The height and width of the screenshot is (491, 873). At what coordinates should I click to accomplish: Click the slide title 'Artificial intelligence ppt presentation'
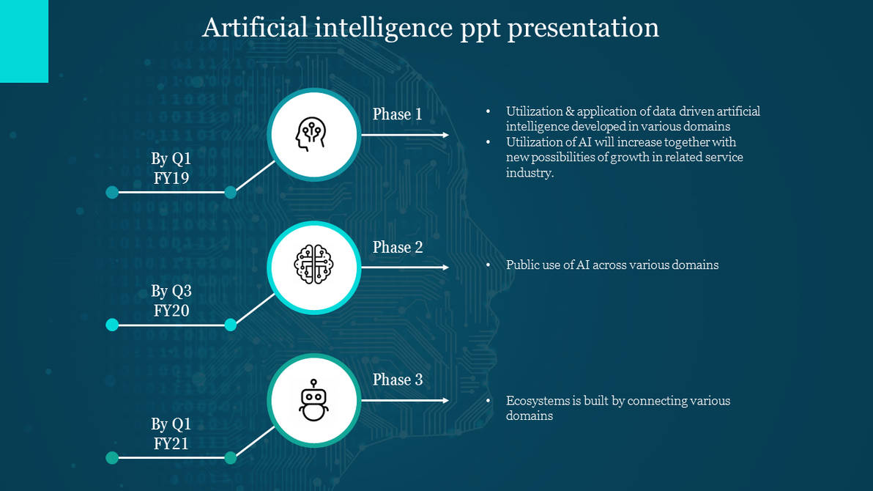coord(431,28)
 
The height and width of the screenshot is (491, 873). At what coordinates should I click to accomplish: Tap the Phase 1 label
coord(397,114)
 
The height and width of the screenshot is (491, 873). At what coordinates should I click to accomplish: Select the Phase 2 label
coord(397,248)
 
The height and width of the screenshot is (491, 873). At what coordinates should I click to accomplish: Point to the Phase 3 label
coord(397,380)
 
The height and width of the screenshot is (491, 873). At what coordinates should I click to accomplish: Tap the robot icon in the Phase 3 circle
coord(313,400)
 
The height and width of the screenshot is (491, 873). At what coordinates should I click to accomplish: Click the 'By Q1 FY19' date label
coord(171,168)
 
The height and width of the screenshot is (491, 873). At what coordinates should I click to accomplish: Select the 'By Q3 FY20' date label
coord(171,301)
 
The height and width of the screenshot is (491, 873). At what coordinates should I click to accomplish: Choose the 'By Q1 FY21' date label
coord(171,434)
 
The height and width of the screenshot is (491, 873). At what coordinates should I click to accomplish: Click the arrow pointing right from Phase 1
coord(404,135)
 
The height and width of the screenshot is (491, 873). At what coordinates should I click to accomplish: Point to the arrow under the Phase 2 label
coord(404,267)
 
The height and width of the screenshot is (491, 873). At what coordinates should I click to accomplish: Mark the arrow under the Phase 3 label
coord(404,400)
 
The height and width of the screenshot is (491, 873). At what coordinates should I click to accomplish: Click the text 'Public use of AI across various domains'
coord(612,265)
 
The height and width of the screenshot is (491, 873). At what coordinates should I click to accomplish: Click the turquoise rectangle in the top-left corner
coord(24,41)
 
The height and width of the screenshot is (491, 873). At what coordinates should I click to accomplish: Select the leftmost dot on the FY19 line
coord(112,192)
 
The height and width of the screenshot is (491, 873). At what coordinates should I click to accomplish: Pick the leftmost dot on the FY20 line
coord(112,325)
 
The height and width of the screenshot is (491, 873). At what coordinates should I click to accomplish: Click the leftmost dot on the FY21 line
coord(112,458)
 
